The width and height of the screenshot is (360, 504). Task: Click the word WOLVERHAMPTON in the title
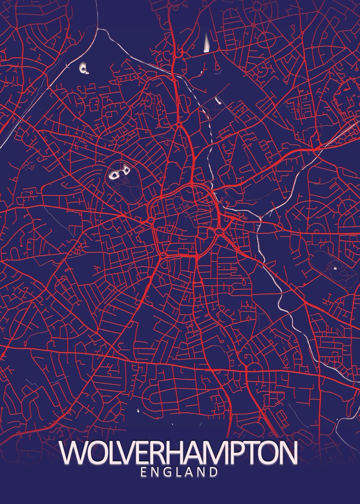point(179,453)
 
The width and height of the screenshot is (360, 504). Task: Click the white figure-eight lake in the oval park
point(118,173)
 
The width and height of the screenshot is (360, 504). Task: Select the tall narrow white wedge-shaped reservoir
point(207,43)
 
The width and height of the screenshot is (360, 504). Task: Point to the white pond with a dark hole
point(84,68)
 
